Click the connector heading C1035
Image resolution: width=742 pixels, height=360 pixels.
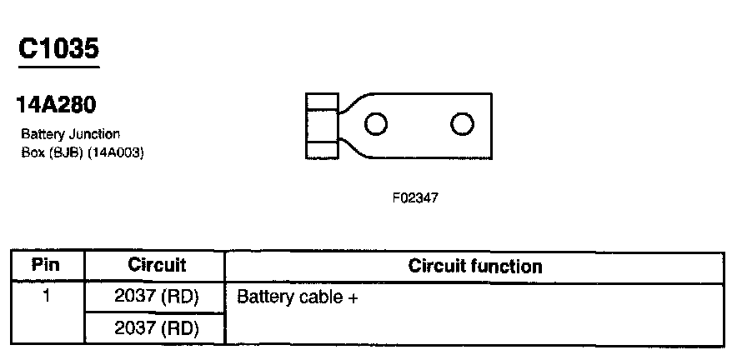click(58, 48)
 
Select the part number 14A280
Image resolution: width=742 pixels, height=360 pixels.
click(57, 104)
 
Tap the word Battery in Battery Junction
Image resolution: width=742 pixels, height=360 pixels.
click(43, 135)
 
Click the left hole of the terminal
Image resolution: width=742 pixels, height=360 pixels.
click(376, 124)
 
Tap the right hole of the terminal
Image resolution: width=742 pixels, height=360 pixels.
click(462, 124)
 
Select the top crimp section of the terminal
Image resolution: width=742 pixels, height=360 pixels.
click(322, 102)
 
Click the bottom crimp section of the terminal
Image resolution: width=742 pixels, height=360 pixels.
click(322, 149)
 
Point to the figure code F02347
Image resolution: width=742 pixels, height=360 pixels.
click(415, 197)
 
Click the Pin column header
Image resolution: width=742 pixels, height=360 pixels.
click(46, 264)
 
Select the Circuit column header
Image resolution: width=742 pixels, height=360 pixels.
click(157, 265)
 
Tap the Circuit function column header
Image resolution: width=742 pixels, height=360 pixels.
click(474, 266)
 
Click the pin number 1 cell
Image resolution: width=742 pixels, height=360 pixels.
click(46, 296)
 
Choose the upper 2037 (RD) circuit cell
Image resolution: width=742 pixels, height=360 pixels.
click(156, 297)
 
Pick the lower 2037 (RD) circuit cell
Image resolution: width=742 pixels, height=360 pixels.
click(156, 328)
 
